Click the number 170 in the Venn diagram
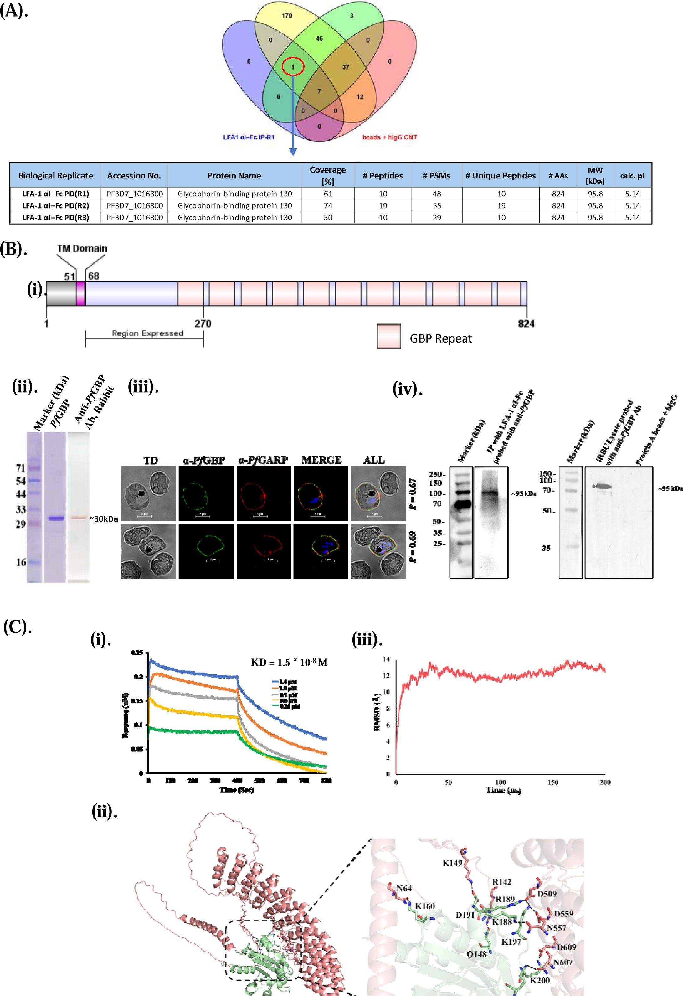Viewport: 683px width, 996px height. click(287, 16)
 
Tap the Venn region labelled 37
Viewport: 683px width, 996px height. click(345, 67)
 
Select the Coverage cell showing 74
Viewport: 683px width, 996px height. click(328, 206)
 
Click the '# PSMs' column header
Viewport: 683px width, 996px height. click(436, 176)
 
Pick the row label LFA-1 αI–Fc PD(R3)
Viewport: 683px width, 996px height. click(56, 218)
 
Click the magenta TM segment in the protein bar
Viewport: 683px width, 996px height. click(80, 294)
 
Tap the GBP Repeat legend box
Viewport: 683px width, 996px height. click(389, 336)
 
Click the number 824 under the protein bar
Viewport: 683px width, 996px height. click(526, 323)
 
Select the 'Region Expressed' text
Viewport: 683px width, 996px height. click(147, 333)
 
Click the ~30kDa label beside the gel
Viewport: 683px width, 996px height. click(104, 519)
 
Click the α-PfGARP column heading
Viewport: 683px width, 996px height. click(263, 460)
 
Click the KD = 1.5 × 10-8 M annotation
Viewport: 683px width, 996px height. click(289, 663)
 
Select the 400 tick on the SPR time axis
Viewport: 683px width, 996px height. click(237, 781)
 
